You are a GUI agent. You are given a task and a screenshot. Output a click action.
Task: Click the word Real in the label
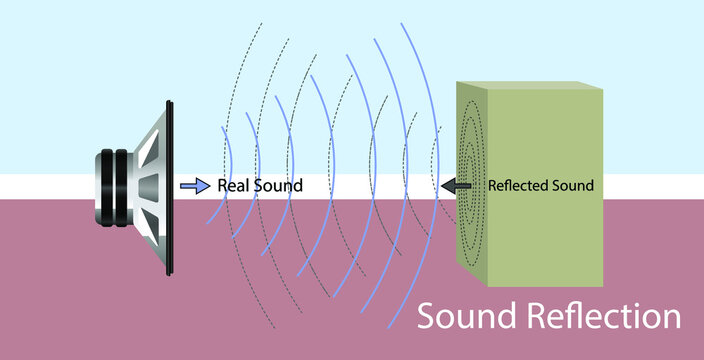pyautogui.click(x=232, y=186)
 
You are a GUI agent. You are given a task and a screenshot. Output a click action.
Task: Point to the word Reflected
pyautogui.click(x=520, y=186)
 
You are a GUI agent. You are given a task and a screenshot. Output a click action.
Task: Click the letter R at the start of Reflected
pyautogui.click(x=492, y=186)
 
